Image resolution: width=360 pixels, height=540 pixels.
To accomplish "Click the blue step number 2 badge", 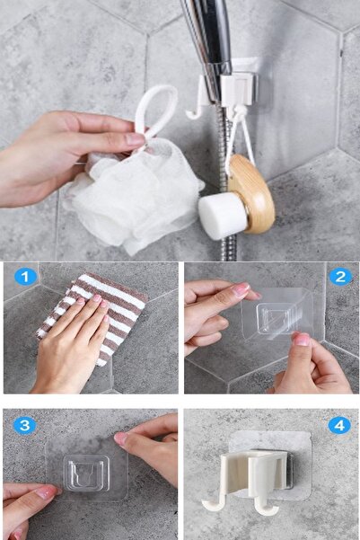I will tap(340, 277).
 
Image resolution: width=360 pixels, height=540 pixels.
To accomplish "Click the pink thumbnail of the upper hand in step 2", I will tap(241, 290).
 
